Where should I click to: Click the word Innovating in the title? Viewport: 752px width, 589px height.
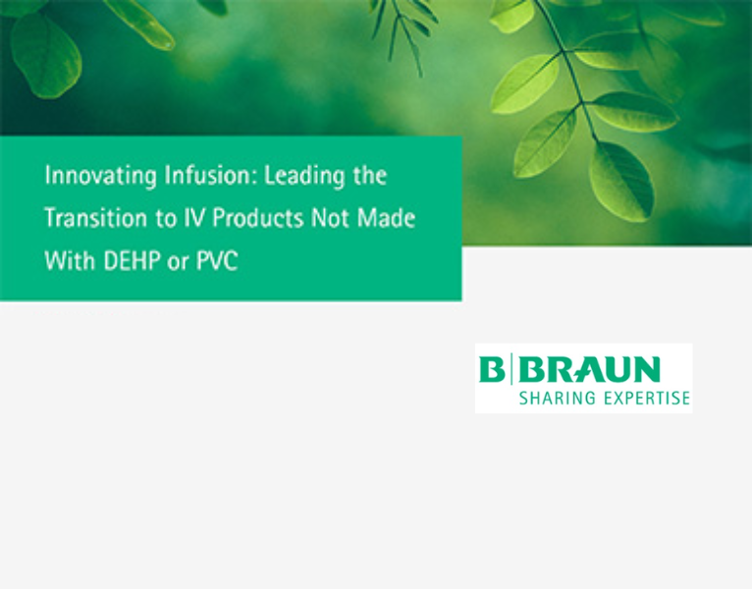[86, 177]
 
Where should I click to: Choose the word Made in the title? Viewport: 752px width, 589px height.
[387, 219]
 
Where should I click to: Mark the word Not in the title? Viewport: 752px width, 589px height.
[326, 219]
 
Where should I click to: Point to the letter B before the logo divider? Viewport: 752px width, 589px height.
[490, 370]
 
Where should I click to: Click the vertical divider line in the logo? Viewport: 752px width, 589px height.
[508, 370]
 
